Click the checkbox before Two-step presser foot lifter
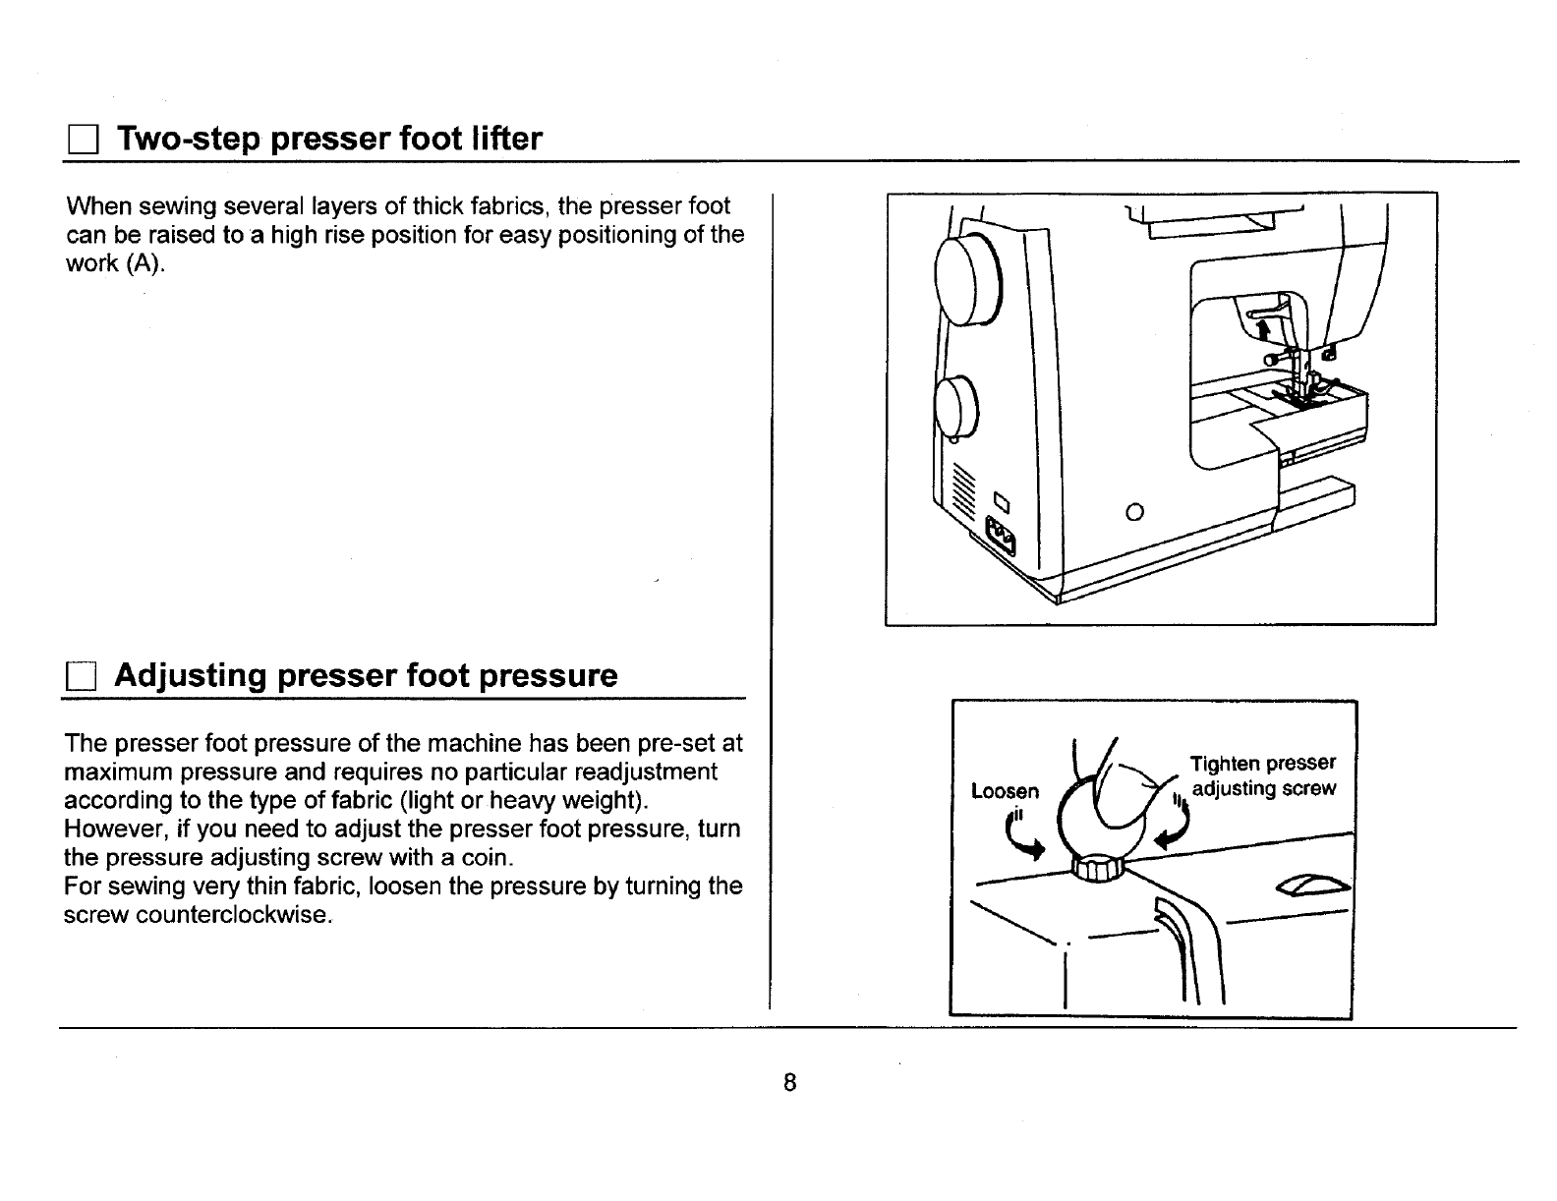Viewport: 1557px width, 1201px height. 80,141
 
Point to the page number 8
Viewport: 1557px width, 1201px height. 788,1083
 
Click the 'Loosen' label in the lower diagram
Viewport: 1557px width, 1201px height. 1004,791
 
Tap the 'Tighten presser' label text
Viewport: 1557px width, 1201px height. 1262,764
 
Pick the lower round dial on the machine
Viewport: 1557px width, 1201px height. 956,407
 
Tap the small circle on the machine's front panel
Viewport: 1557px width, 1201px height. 1134,511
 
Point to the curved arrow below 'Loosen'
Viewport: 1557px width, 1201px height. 1023,842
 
